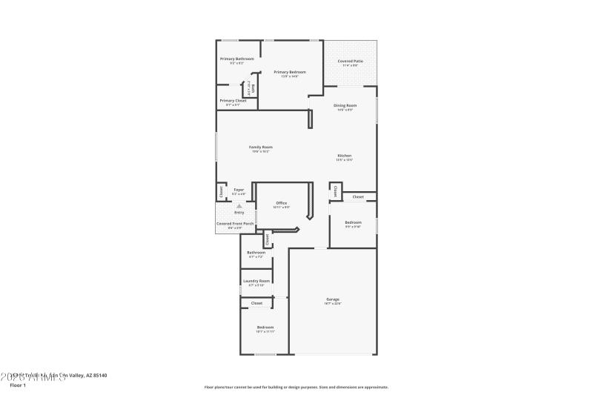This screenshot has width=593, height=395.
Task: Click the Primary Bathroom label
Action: click(x=236, y=59)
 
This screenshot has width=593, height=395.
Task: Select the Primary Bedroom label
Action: click(x=289, y=72)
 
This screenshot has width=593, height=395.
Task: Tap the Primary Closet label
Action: click(x=233, y=101)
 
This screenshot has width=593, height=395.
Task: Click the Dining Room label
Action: click(x=345, y=106)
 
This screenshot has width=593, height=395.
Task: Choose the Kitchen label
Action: click(x=344, y=156)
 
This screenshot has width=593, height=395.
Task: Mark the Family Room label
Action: click(x=260, y=147)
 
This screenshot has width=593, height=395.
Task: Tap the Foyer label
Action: click(x=239, y=190)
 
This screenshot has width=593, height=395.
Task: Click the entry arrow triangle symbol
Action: click(x=239, y=206)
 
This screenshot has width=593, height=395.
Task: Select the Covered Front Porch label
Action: click(x=234, y=223)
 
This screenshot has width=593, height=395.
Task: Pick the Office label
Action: click(x=282, y=203)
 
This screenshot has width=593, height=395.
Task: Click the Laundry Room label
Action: click(x=256, y=281)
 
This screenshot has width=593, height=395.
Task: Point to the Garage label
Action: click(x=332, y=299)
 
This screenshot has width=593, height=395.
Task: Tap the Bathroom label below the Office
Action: click(x=256, y=253)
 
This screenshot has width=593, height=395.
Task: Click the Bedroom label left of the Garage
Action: click(x=265, y=328)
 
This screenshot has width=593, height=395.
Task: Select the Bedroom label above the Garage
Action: click(x=353, y=222)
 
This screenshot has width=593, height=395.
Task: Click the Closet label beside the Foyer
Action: click(x=221, y=192)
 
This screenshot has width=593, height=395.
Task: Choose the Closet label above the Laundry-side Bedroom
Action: click(x=256, y=303)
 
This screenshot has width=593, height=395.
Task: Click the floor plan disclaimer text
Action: click(x=296, y=387)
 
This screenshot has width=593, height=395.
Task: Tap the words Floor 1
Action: click(x=17, y=385)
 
